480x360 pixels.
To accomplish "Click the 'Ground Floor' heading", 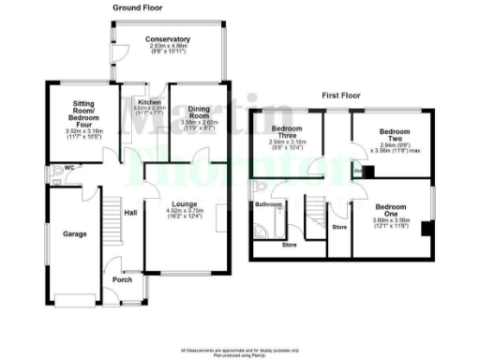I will pyautogui.click(x=139, y=7).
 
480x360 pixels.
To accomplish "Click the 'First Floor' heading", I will pyautogui.click(x=342, y=96).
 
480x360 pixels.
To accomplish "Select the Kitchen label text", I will pyautogui.click(x=149, y=102).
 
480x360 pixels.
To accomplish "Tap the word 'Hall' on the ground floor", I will pyautogui.click(x=131, y=213).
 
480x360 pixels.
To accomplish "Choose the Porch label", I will pyautogui.click(x=123, y=278).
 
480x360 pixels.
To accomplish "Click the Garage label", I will pyautogui.click(x=74, y=233).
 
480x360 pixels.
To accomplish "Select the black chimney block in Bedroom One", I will pyautogui.click(x=426, y=228).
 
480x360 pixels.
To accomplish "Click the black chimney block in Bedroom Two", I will pyautogui.click(x=368, y=171).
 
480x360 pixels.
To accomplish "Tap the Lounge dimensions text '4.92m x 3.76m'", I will pyautogui.click(x=187, y=212).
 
